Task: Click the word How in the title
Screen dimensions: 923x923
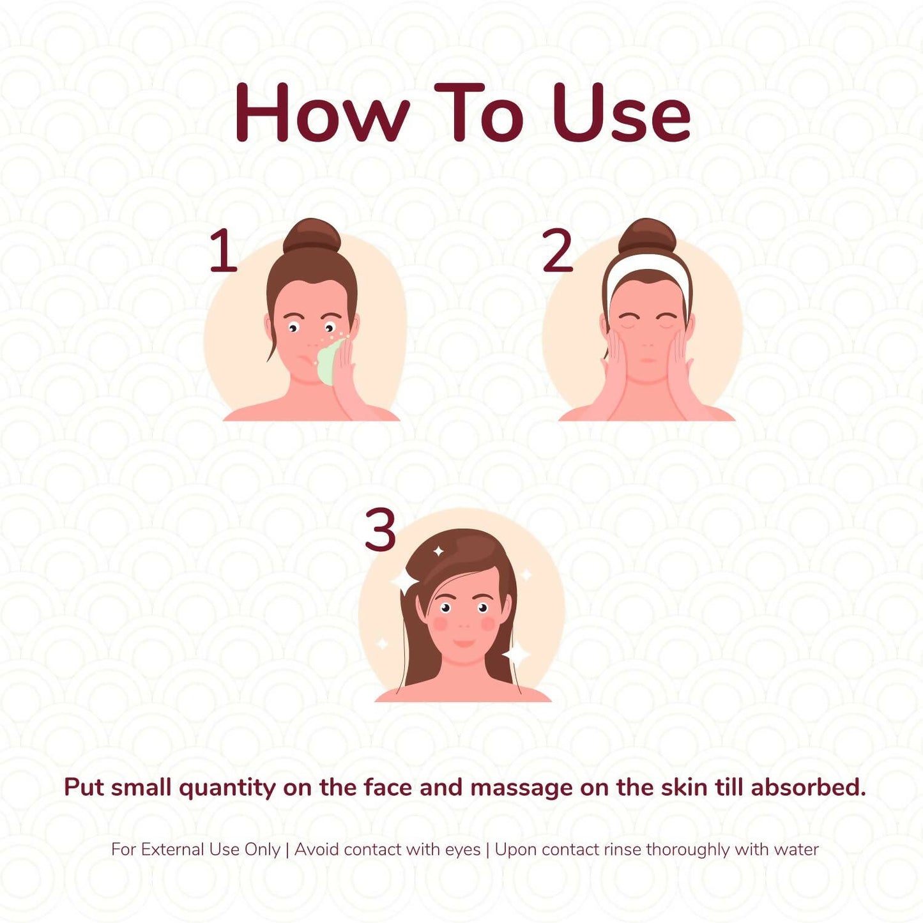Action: pyautogui.click(x=323, y=113)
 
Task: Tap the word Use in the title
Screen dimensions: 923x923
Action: pyautogui.click(x=622, y=113)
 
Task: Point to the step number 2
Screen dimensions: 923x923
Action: pyautogui.click(x=558, y=250)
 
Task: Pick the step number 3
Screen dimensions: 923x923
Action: pyautogui.click(x=380, y=529)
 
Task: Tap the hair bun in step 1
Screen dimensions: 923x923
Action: pyautogui.click(x=312, y=236)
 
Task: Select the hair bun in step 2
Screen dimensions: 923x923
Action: pyautogui.click(x=647, y=236)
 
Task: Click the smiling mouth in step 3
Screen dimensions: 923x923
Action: pyautogui.click(x=464, y=643)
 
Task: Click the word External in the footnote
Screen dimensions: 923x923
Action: pyautogui.click(x=173, y=850)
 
